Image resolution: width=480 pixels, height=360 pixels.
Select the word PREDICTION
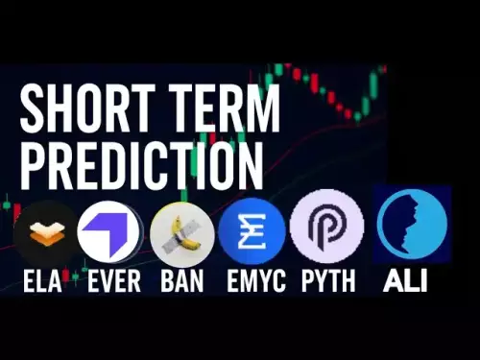pyautogui.click(x=142, y=163)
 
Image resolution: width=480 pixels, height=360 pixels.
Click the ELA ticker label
pyautogui.click(x=43, y=281)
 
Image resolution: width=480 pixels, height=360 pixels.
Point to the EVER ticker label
pyautogui.click(x=114, y=281)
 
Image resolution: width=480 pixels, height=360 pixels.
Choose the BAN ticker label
pyautogui.click(x=181, y=281)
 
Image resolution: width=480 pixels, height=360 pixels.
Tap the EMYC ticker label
pyautogui.click(x=255, y=281)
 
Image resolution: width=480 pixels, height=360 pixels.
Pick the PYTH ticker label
pyautogui.click(x=328, y=281)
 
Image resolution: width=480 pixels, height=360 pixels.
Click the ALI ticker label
pyautogui.click(x=405, y=281)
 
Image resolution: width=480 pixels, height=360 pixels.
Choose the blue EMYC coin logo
pyautogui.click(x=252, y=231)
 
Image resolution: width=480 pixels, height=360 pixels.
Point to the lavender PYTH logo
pyautogui.click(x=326, y=227)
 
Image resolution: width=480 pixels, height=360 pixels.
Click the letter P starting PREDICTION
pyautogui.click(x=33, y=163)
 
